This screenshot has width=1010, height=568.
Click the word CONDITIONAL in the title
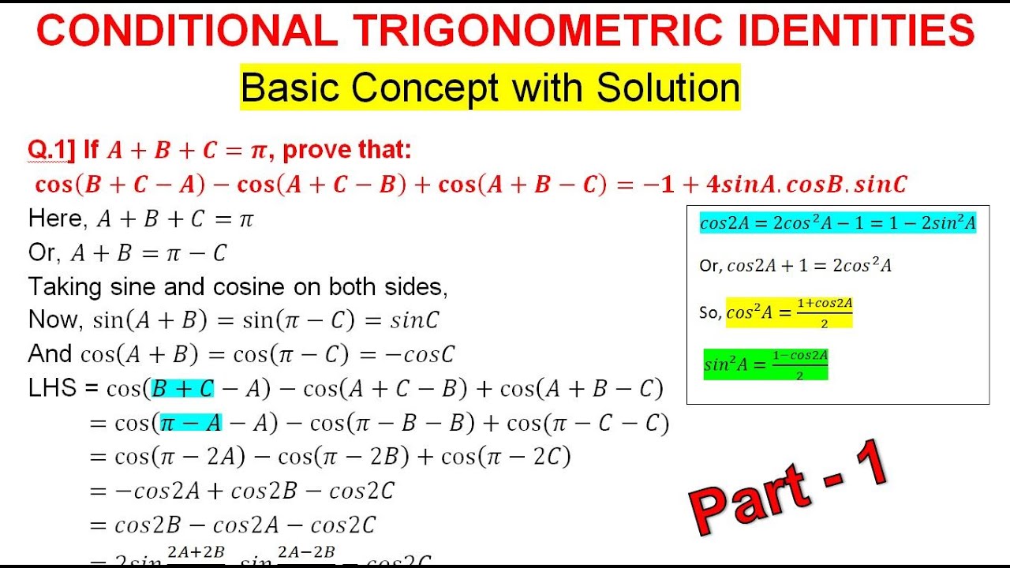tap(188, 32)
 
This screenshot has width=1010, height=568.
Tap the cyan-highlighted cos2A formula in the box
tap(838, 223)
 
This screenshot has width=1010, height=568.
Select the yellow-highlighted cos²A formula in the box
tap(789, 312)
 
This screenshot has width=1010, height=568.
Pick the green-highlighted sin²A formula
tap(765, 364)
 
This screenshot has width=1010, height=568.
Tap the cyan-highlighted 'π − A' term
tap(191, 424)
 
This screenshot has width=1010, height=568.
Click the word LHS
tap(52, 388)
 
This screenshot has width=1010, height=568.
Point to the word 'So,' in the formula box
tap(710, 313)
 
